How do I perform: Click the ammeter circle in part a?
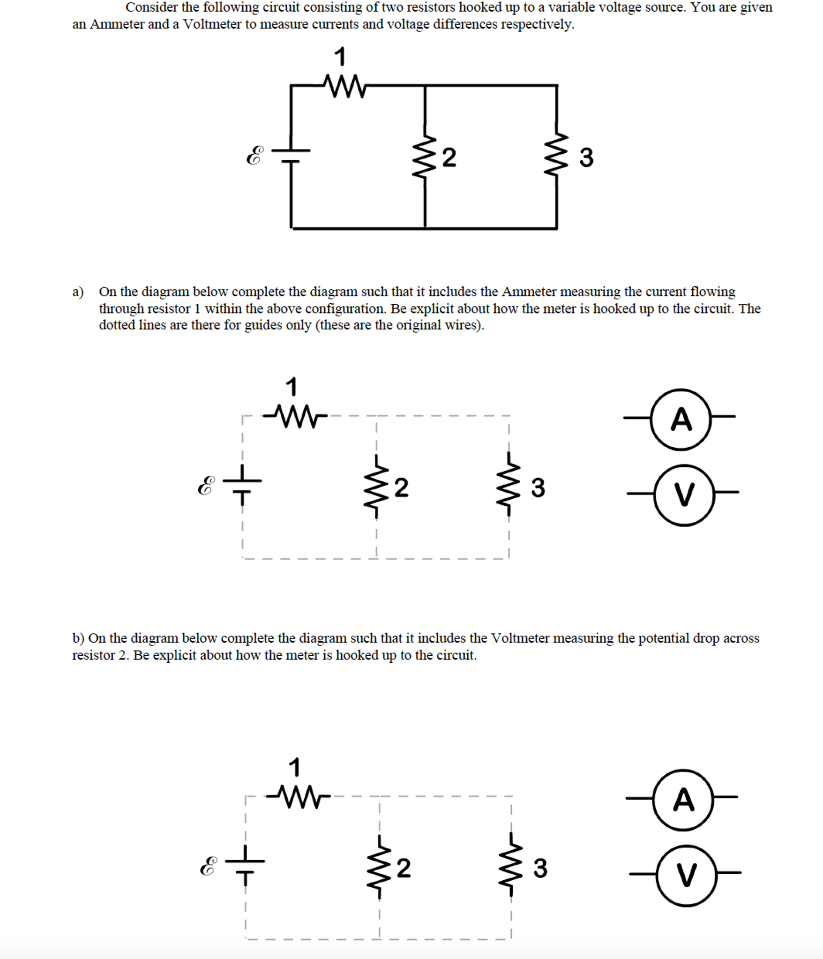(x=681, y=419)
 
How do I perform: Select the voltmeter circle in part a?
(x=684, y=495)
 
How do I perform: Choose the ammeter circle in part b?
(x=683, y=800)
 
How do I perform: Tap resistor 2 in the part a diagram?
(x=376, y=487)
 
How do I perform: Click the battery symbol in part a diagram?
(x=242, y=486)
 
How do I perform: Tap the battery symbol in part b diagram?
(x=245, y=866)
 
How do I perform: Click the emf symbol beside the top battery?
(x=254, y=155)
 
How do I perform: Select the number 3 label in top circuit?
(x=586, y=157)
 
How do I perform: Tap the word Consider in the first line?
(x=152, y=7)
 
